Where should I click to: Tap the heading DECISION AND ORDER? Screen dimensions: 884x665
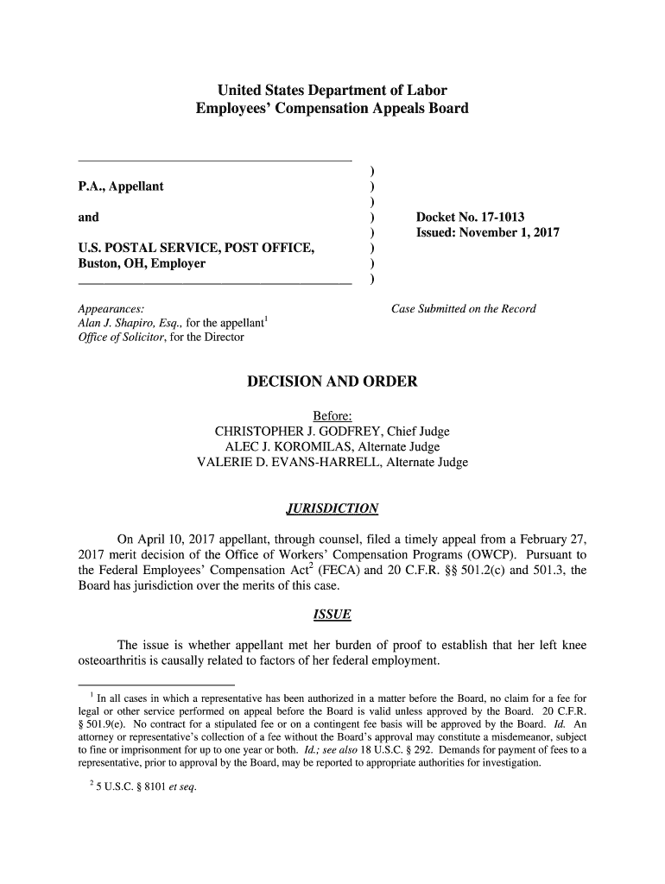332,382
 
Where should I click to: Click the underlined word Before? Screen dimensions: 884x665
332,416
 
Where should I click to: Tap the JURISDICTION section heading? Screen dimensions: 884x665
332,508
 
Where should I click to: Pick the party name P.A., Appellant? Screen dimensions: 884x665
121,186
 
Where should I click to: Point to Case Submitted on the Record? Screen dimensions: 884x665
464,309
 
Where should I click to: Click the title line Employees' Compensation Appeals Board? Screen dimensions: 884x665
332,109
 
